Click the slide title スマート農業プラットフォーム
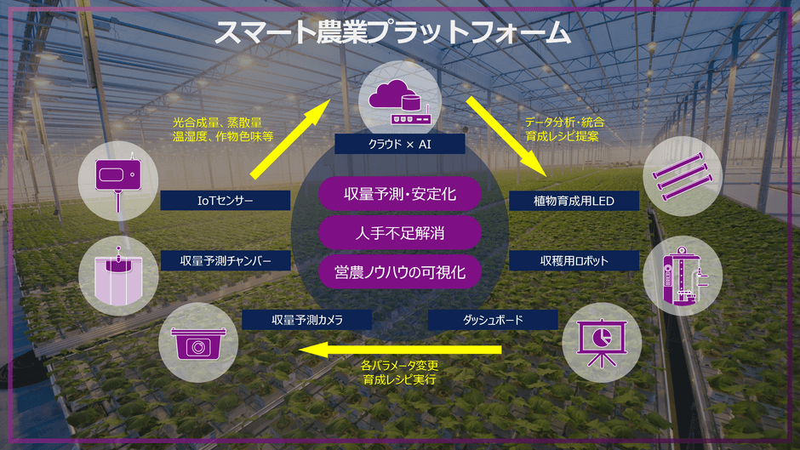[391, 31]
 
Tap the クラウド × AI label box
[400, 144]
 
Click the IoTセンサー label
[225, 201]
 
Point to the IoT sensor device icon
[118, 181]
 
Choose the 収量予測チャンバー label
[226, 260]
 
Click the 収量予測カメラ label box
[306, 320]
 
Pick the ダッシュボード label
[493, 320]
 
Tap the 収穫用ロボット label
[574, 260]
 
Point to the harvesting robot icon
[683, 276]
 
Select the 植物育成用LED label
[574, 201]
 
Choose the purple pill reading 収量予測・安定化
[400, 194]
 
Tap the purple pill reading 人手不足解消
[400, 233]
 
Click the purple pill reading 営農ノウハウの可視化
[400, 272]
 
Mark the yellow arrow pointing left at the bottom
[400, 350]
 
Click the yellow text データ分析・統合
[565, 122]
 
